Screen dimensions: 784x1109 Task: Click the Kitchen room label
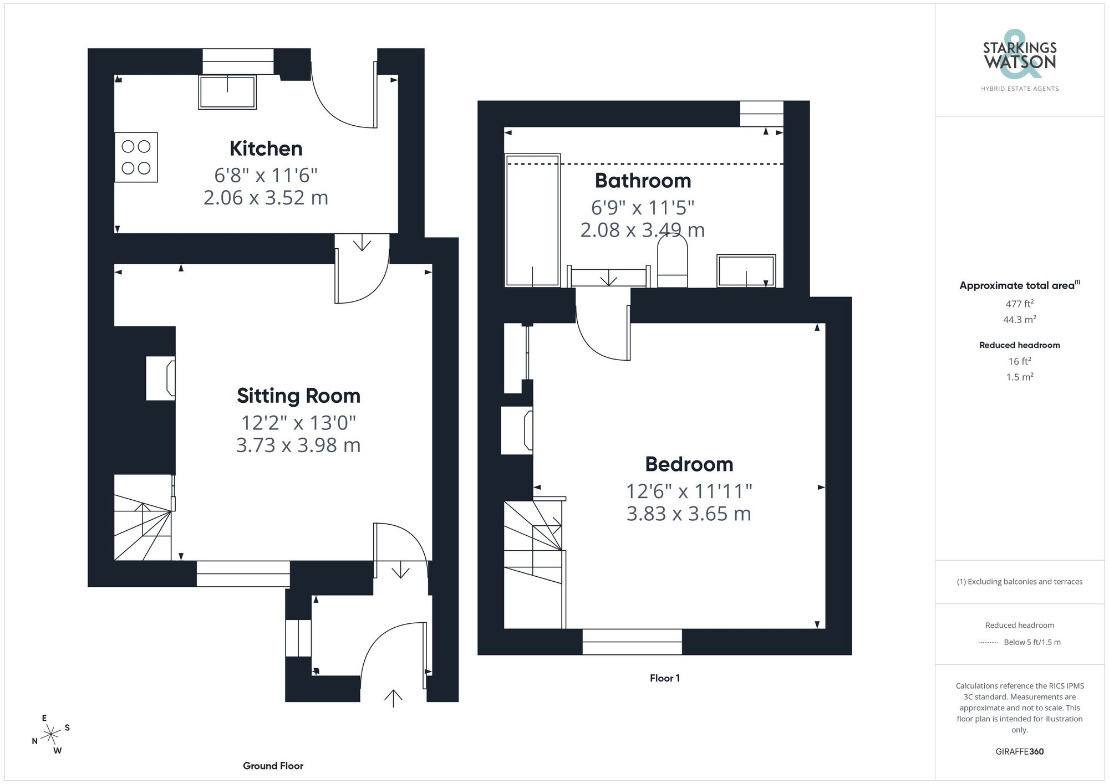266,148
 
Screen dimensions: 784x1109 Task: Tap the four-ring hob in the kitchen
136,157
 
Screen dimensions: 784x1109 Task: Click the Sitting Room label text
298,396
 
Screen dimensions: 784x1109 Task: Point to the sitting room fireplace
161,378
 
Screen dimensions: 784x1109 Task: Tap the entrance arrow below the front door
393,698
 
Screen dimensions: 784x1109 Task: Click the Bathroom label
643,181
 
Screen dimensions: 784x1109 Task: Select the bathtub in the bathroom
532,220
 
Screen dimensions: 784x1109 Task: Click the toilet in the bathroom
672,262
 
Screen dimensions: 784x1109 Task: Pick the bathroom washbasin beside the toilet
746,270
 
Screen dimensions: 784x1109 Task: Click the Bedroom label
689,464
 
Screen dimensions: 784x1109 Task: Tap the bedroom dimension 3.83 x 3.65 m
689,514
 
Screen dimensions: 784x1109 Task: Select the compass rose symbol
51,735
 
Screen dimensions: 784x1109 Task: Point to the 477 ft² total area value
1019,304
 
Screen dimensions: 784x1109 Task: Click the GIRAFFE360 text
1019,751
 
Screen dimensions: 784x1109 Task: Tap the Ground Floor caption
273,766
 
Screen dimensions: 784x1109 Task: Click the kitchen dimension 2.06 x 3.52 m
266,198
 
